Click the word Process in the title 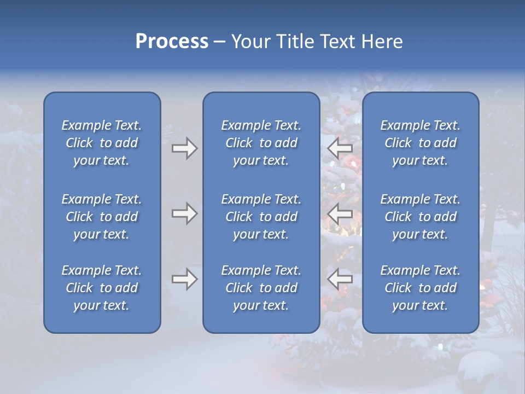[x=172, y=42]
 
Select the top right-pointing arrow [x=184, y=148]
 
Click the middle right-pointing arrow [x=184, y=213]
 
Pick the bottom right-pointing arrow [x=184, y=279]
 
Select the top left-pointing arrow [x=340, y=148]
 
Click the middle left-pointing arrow [x=340, y=213]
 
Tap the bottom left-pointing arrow [x=340, y=279]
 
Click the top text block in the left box [x=102, y=143]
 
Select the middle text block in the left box [x=102, y=217]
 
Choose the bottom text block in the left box [x=102, y=288]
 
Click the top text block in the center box [x=261, y=143]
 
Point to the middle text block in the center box [x=261, y=217]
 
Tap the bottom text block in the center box [x=261, y=288]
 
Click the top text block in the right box [x=420, y=143]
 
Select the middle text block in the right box [x=420, y=217]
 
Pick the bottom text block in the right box [x=420, y=288]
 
